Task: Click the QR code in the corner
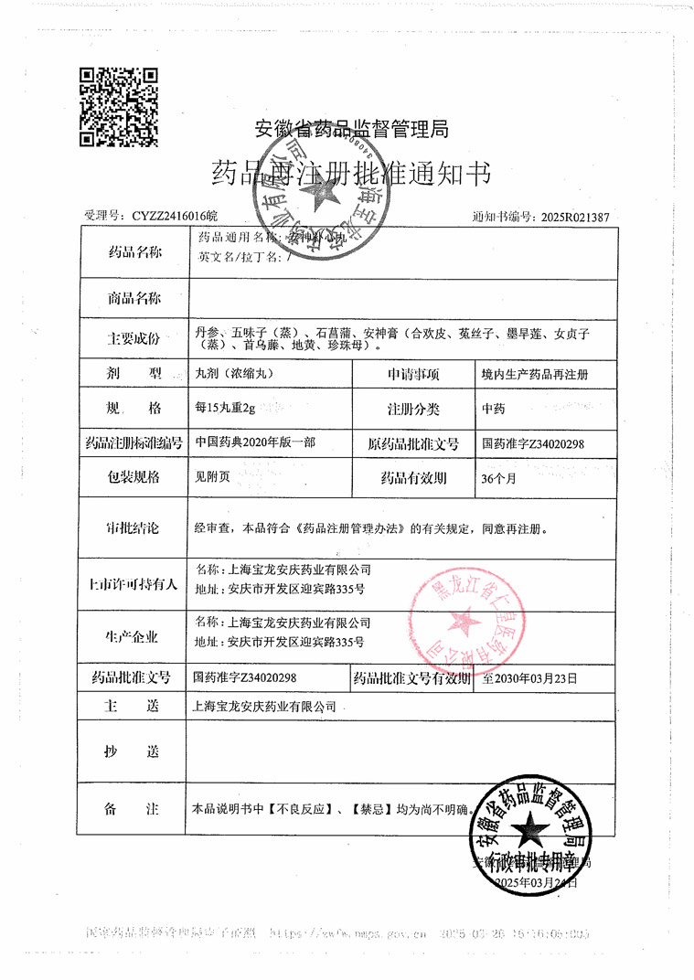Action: tap(119, 107)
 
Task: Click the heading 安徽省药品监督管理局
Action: tap(351, 130)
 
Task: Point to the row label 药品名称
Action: tap(134, 251)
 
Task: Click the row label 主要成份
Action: tap(134, 338)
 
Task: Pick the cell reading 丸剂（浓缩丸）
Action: tap(235, 375)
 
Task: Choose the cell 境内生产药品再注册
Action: tap(534, 375)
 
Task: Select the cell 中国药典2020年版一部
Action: tap(256, 442)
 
